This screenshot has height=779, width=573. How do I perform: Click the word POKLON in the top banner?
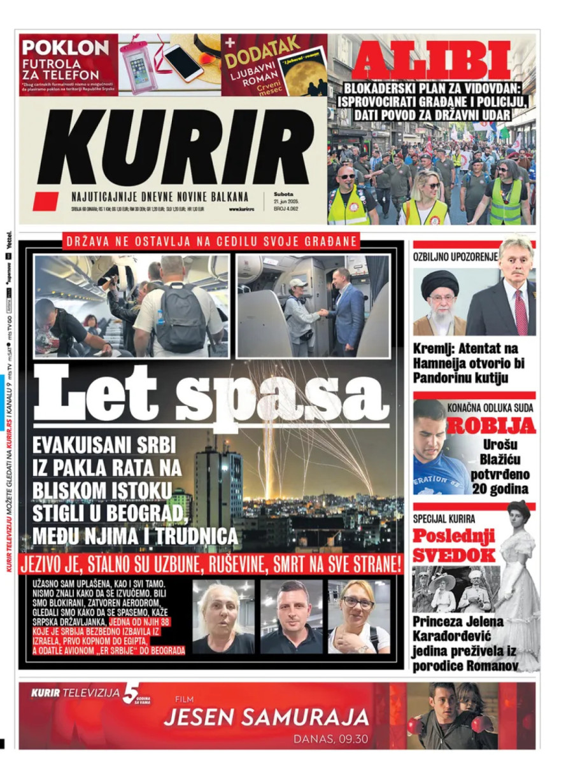64,48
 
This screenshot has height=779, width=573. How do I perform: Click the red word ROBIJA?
490,426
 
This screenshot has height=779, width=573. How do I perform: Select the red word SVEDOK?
454,554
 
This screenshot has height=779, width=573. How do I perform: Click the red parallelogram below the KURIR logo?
46,202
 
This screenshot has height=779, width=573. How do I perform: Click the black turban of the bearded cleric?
439,283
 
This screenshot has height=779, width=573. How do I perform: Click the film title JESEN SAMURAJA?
266,718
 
